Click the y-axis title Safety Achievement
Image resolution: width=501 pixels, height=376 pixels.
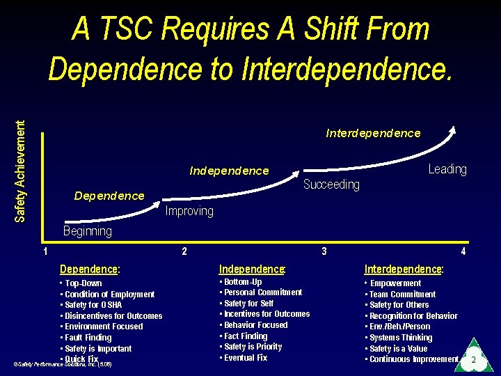[21, 171]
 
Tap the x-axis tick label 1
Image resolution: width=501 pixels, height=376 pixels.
[45, 251]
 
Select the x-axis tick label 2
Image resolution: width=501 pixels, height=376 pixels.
[184, 251]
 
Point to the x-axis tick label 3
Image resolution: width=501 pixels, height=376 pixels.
[324, 251]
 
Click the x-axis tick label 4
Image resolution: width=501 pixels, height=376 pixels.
[463, 251]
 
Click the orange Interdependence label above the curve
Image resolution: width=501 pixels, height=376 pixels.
[373, 133]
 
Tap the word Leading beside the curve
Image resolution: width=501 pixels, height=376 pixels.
[447, 169]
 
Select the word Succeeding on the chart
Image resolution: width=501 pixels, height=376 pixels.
[331, 185]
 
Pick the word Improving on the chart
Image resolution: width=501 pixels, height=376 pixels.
[189, 211]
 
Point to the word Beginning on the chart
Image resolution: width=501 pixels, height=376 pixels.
[87, 231]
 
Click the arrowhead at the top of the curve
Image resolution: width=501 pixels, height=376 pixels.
[453, 129]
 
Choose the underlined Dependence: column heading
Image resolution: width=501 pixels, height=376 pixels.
[90, 269]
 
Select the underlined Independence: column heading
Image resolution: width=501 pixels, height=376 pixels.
[252, 269]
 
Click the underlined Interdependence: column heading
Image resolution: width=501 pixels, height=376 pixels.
[404, 269]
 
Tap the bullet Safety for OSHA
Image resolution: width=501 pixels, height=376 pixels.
[93, 305]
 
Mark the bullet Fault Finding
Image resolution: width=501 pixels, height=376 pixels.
[88, 338]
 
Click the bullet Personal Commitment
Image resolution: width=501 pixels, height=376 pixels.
[262, 292]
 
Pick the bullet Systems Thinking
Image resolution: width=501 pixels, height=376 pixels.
[401, 338]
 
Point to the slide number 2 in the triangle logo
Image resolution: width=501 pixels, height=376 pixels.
[473, 360]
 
